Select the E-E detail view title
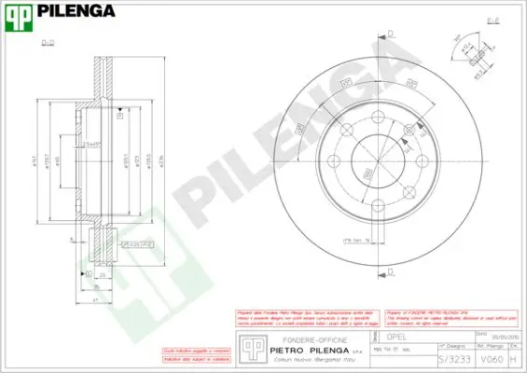492,19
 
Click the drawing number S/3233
450,357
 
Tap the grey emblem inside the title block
249,346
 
